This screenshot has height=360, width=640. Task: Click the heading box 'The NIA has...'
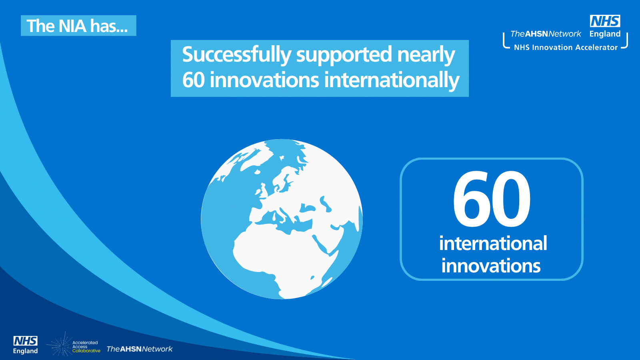pyautogui.click(x=78, y=26)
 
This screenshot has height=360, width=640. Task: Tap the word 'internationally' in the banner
pyautogui.click(x=392, y=80)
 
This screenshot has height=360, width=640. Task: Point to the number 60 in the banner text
pyautogui.click(x=194, y=80)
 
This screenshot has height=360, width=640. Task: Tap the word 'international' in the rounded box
pyautogui.click(x=493, y=244)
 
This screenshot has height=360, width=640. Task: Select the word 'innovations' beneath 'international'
pyautogui.click(x=491, y=266)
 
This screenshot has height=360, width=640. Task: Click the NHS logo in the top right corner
pyautogui.click(x=605, y=21)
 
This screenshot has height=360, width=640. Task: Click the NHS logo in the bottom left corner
pyautogui.click(x=26, y=341)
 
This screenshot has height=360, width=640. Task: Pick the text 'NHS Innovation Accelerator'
pyautogui.click(x=566, y=48)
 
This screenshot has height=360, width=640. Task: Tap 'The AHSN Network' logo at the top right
pyautogui.click(x=546, y=34)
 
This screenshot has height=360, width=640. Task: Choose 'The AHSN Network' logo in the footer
pyautogui.click(x=140, y=349)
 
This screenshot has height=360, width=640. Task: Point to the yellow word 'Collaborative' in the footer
pyautogui.click(x=86, y=351)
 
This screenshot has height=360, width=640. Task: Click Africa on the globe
pyautogui.click(x=283, y=257)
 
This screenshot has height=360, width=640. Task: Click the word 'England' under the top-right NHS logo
pyautogui.click(x=605, y=34)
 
